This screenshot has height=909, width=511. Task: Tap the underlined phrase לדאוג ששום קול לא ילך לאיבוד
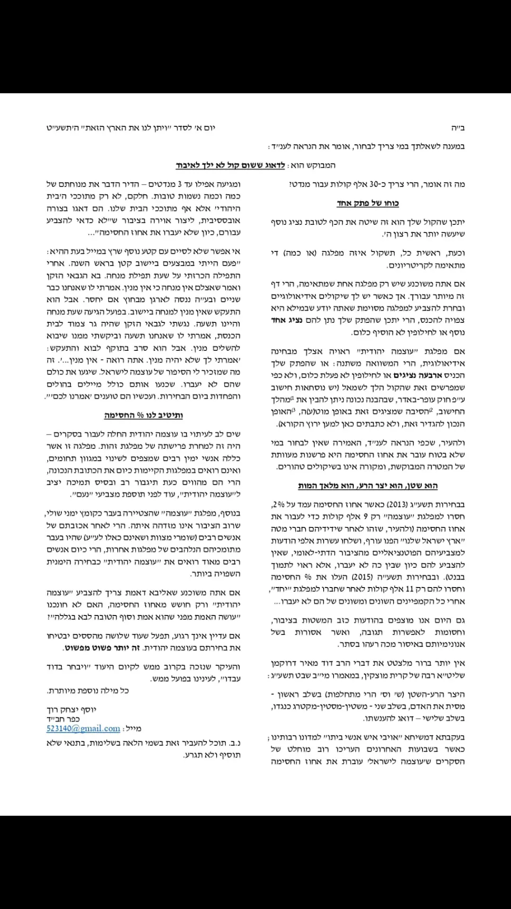pos(230,166)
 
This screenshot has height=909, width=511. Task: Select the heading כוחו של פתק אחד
pos(368,204)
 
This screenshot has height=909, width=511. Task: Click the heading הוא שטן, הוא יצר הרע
pos(368,486)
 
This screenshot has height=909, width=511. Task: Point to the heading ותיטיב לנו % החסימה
pos(143,415)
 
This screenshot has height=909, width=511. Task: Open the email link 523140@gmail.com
pos(83,729)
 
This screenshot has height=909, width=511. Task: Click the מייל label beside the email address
pos(133,729)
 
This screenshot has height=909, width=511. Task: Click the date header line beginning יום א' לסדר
pos(131,128)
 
